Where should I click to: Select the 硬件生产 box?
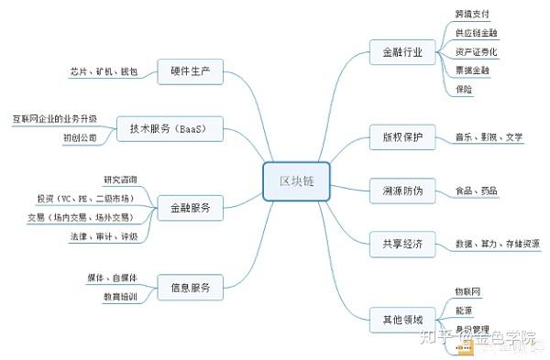pyautogui.click(x=191, y=71)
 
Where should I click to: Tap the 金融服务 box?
pyautogui.click(x=191, y=208)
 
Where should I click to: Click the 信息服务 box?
pyautogui.click(x=191, y=287)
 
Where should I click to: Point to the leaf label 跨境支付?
pyautogui.click(x=472, y=15)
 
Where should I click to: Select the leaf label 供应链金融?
pyautogui.click(x=477, y=33)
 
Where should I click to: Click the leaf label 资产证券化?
pyautogui.click(x=477, y=51)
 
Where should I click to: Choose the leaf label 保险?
pyautogui.click(x=464, y=89)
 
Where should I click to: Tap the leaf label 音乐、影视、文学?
pyautogui.click(x=489, y=137)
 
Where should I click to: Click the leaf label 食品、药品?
pyautogui.click(x=477, y=191)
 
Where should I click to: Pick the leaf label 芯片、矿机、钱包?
pyautogui.click(x=103, y=71)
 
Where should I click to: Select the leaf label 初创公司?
pyautogui.click(x=80, y=137)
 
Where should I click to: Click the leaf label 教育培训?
pyautogui.click(x=120, y=296)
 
